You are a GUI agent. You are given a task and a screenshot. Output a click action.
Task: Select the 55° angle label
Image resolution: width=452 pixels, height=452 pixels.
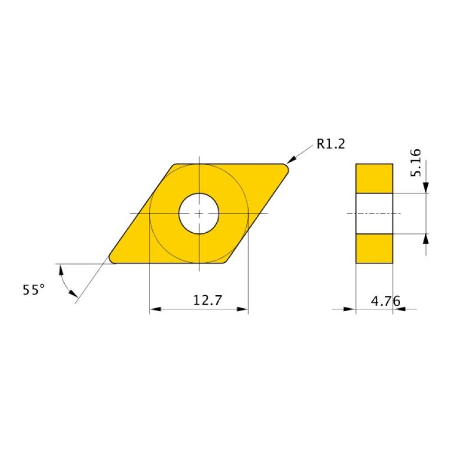click(34, 289)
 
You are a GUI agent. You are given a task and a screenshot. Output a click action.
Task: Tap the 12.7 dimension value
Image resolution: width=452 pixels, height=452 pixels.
click(207, 301)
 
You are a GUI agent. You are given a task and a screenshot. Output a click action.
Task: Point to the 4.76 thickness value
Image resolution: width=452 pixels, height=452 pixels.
click(385, 301)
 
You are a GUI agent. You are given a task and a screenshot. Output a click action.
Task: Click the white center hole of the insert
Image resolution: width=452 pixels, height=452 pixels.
click(199, 213)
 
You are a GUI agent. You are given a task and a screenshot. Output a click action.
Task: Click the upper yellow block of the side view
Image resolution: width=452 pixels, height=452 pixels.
click(374, 178)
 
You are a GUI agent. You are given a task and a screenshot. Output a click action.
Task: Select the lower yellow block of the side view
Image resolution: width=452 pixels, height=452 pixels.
click(374, 248)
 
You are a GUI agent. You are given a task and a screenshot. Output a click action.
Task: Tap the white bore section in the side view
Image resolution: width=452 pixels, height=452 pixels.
click(374, 213)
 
